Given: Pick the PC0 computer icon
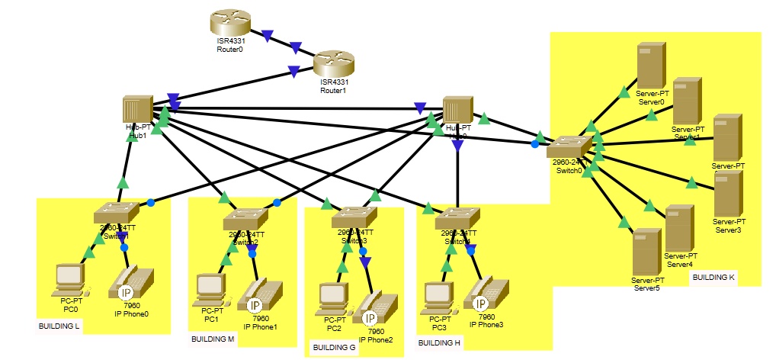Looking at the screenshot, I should [70, 281].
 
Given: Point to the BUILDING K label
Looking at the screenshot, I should [713, 277].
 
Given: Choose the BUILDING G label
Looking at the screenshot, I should [334, 348].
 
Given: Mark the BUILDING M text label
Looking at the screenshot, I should [213, 339].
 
